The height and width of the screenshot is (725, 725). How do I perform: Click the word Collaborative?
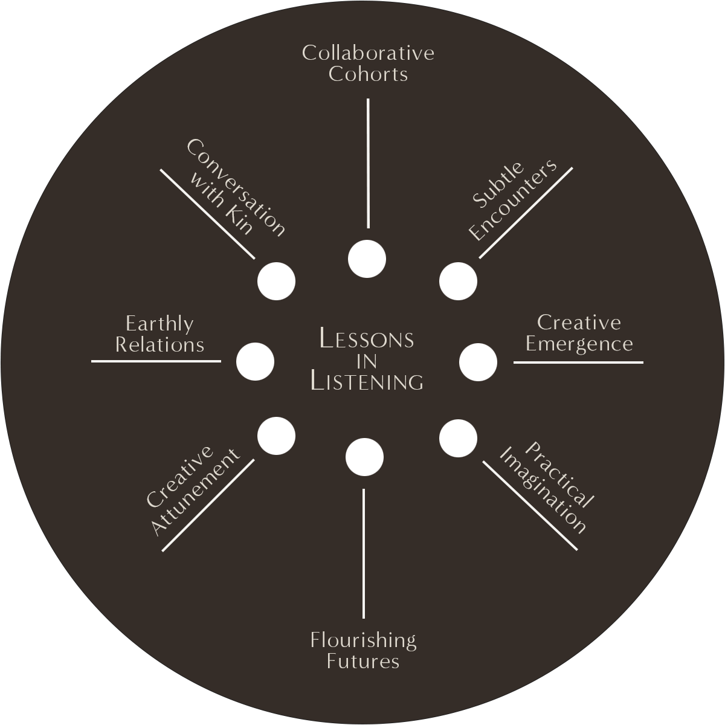tap(368, 53)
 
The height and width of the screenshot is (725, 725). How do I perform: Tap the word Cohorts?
tap(368, 74)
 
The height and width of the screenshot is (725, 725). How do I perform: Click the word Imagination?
tap(543, 491)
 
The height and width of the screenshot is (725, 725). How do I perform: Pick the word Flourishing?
tap(363, 640)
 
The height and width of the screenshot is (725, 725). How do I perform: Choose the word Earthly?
tap(159, 324)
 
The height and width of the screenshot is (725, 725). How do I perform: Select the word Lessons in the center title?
tap(366, 339)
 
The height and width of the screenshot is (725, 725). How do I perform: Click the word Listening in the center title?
tap(366, 382)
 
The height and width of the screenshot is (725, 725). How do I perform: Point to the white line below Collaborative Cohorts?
tap(368, 163)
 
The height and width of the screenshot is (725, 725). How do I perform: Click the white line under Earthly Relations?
tap(156, 361)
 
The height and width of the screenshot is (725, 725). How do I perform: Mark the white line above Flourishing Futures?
tap(364, 553)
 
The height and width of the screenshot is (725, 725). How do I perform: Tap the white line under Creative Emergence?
tap(578, 362)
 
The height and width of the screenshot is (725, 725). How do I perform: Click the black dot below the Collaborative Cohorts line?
tap(367, 259)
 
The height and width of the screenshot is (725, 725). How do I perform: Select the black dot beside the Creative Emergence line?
tap(478, 362)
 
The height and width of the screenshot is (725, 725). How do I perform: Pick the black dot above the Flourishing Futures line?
tap(364, 457)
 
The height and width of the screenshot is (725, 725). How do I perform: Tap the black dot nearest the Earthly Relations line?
tap(255, 361)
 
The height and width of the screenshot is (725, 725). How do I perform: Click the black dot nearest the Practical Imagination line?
tap(458, 438)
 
